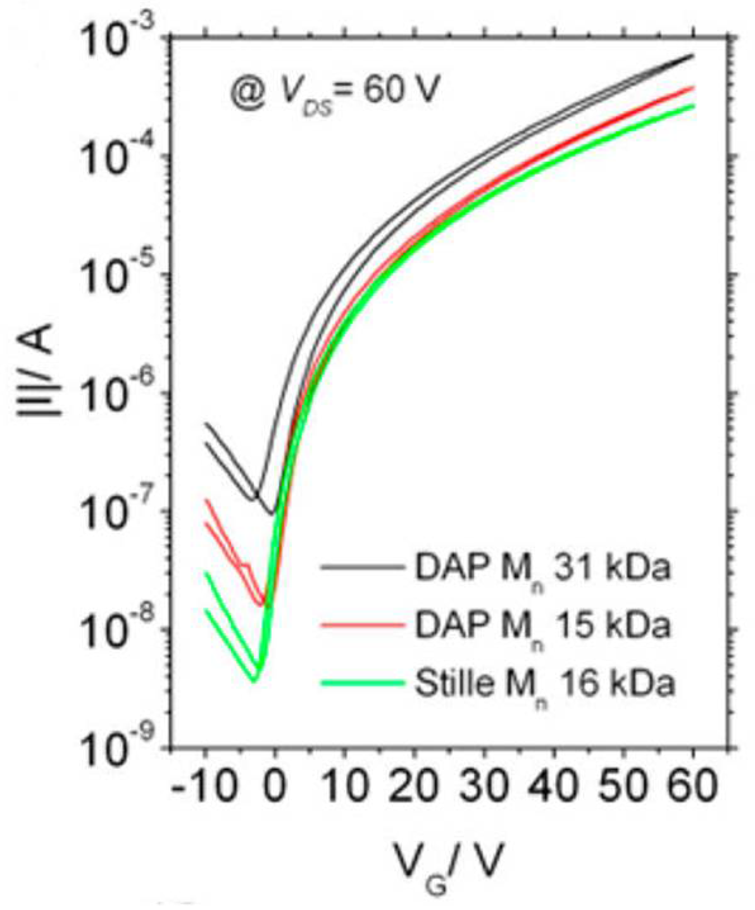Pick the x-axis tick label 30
[484, 788]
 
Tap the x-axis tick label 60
[693, 788]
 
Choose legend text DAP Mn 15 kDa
[541, 626]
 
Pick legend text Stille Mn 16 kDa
[544, 684]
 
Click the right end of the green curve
[694, 106]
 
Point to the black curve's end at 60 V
[694, 56]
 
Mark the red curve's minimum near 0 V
[262, 605]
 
